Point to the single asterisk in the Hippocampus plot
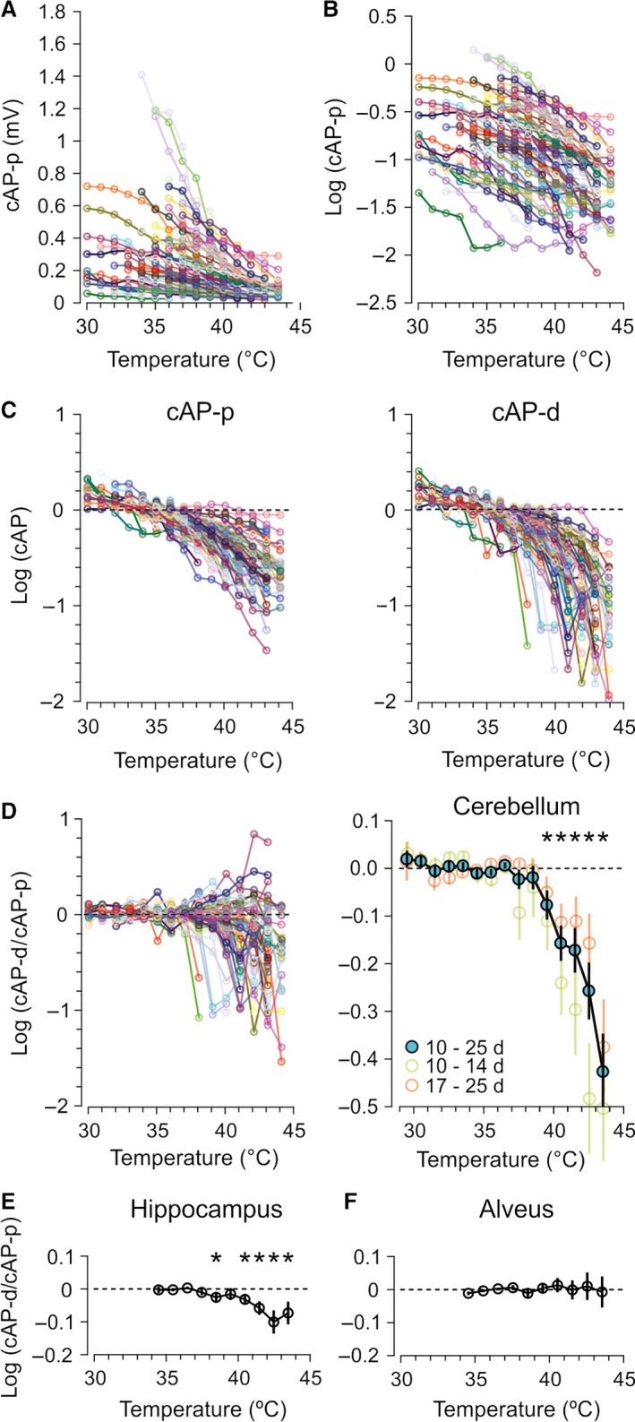click(x=216, y=1261)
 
